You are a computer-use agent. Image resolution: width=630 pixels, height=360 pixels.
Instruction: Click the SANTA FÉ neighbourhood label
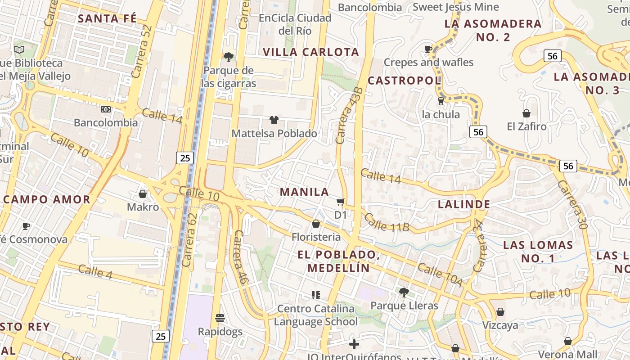pos(107,18)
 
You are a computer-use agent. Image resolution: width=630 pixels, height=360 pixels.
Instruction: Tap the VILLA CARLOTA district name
pos(311,52)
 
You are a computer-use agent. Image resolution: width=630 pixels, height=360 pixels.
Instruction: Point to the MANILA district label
pos(305,192)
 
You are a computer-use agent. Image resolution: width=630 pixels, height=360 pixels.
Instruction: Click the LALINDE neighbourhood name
pos(464,204)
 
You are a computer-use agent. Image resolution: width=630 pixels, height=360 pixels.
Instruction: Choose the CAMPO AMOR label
pos(47,199)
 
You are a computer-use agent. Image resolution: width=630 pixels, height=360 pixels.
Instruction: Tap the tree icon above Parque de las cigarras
pos(229,57)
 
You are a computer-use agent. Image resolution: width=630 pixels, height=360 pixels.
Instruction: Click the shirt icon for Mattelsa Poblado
pos(274,120)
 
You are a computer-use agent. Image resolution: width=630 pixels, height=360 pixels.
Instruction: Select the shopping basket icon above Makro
pos(143,194)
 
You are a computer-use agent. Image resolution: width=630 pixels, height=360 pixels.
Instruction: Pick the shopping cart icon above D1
pos(341,202)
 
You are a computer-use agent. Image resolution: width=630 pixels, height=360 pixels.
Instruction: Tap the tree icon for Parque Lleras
pos(404,292)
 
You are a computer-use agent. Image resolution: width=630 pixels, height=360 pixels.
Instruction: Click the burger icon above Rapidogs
pos(220,318)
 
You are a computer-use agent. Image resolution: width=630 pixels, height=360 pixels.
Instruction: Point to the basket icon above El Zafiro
pos(526,113)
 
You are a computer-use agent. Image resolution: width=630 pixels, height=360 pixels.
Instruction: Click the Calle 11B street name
pos(387,223)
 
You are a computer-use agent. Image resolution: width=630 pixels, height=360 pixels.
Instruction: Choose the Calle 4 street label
pos(95,271)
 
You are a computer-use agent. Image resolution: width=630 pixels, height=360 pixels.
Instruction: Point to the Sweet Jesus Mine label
pos(455,7)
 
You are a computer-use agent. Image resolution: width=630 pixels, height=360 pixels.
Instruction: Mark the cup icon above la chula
pos(441,101)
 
